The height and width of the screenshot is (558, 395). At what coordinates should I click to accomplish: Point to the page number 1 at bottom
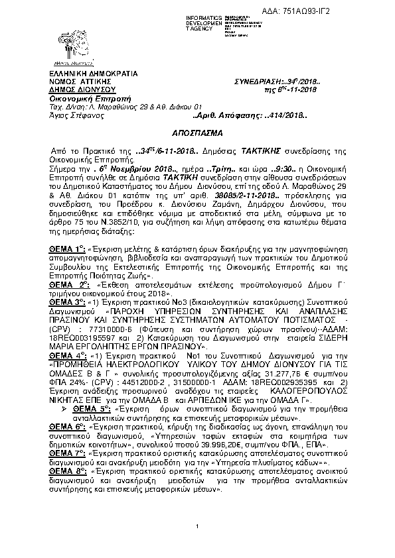[x=198, y=526]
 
